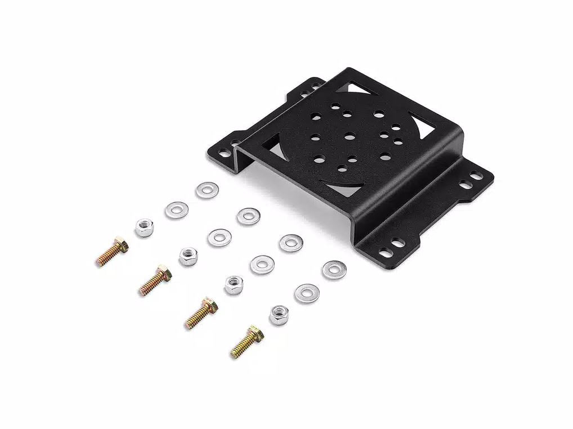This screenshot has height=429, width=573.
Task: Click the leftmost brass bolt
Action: click(112, 252)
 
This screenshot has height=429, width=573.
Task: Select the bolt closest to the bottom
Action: click(248, 341)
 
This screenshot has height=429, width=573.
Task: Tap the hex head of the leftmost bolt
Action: click(120, 245)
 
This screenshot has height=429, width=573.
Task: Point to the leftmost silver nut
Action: click(145, 227)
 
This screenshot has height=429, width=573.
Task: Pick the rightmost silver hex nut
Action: click(279, 314)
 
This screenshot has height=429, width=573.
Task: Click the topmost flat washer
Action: click(207, 190)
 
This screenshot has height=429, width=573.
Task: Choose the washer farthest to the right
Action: click(334, 270)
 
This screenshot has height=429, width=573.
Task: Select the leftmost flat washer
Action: click(176, 210)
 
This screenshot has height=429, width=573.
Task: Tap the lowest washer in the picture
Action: click(306, 292)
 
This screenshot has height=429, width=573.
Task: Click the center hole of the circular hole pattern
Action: click(349, 135)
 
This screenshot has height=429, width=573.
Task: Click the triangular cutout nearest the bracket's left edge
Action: click(275, 146)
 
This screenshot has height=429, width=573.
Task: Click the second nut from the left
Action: click(189, 257)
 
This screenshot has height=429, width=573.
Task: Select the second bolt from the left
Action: click(155, 280)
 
